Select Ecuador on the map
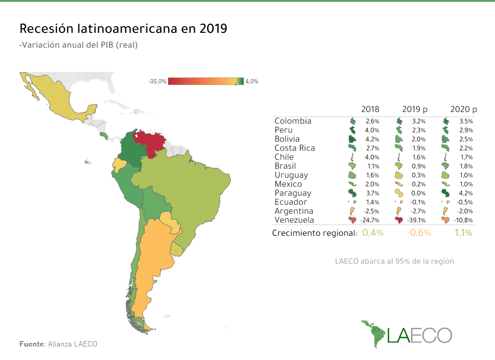tap(119, 165)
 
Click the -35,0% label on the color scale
tap(157, 81)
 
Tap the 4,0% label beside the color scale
tap(252, 81)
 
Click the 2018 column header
tap(370, 109)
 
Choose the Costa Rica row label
tap(295, 148)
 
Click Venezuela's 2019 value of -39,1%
tap(418, 220)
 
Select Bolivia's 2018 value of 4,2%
tap(373, 139)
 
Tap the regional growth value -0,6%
tap(419, 233)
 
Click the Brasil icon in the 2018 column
tap(353, 166)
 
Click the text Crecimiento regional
tap(314, 233)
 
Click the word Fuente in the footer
tap(32, 344)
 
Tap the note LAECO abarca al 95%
tap(394, 261)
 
